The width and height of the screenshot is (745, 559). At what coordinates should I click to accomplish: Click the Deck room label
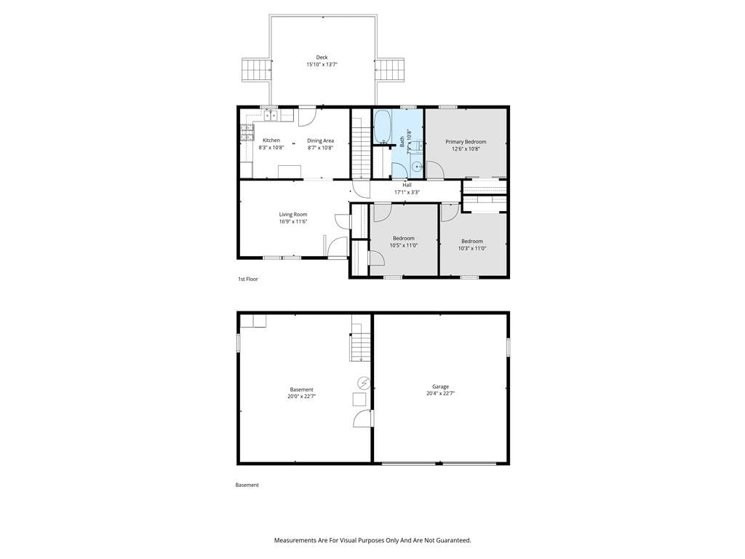point(322,58)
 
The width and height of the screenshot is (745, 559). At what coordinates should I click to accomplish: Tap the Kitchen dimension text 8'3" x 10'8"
point(271,147)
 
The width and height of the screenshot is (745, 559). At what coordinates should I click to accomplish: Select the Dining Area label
point(320,140)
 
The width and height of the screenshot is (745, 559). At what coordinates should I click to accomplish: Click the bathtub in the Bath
point(382,127)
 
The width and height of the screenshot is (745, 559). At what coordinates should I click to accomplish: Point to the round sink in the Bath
point(417,167)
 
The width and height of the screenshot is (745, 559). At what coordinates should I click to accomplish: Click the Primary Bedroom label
point(466,142)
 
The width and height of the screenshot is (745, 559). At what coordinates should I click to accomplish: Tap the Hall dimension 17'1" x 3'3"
point(407,192)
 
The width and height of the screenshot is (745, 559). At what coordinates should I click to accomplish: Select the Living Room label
point(293,215)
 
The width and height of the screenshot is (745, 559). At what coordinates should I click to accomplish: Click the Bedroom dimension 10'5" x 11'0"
point(404,246)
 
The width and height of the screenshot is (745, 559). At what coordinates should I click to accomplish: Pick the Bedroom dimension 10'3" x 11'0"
point(471,248)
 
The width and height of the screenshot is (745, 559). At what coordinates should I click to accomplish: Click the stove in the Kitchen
point(247,132)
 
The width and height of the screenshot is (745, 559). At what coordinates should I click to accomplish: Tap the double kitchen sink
point(271,115)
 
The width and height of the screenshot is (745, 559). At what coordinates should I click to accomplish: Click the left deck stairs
point(257,71)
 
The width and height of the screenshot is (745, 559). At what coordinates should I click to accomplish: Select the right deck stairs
point(391,71)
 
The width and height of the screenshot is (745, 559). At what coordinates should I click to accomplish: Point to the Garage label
point(440,387)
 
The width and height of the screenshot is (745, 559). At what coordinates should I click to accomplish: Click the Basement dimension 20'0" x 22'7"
point(302,396)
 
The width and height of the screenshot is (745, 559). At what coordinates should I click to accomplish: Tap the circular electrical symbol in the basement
point(364,383)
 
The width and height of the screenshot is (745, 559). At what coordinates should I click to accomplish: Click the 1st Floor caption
point(248,279)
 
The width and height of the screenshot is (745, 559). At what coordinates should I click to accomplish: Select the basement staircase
point(361,342)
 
